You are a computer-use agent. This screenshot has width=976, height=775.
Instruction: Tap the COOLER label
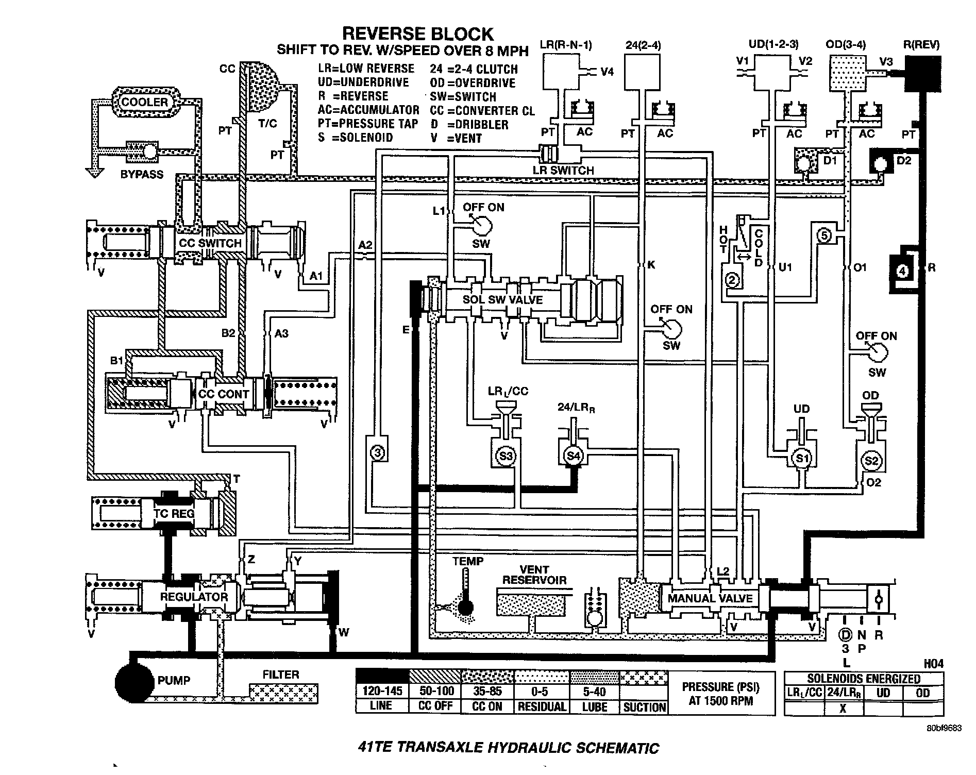(145, 102)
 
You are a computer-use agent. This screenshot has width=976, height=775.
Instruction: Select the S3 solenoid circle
(506, 456)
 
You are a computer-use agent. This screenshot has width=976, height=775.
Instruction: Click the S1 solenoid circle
(801, 458)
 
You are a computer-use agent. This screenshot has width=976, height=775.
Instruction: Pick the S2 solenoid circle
(871, 461)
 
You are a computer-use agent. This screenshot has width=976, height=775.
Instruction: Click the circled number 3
(378, 453)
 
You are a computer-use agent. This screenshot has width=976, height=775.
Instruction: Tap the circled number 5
(824, 236)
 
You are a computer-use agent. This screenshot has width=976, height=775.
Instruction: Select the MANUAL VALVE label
(710, 598)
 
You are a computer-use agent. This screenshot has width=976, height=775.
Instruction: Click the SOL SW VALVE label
(502, 300)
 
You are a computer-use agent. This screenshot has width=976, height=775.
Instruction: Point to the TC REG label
(174, 513)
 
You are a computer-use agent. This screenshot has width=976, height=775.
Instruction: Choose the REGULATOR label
(194, 597)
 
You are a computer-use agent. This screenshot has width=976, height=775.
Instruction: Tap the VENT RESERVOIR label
(534, 575)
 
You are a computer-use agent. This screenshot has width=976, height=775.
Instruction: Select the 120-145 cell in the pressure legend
(381, 692)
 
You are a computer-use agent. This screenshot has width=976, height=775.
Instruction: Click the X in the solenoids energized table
(843, 707)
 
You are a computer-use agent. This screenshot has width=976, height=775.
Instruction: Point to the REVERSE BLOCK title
(418, 34)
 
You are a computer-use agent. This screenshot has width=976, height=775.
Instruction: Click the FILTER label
(281, 674)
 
